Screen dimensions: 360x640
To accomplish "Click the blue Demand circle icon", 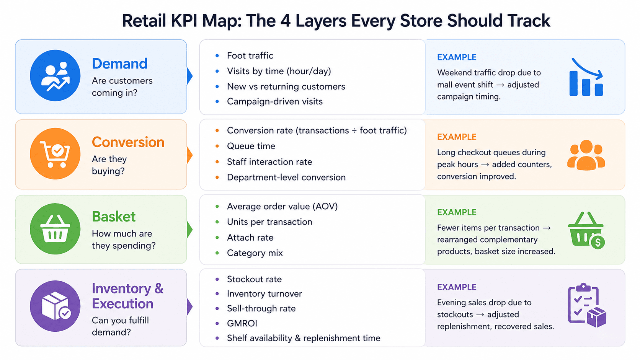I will tap(55, 75).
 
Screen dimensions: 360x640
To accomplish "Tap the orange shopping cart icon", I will tap(55, 154).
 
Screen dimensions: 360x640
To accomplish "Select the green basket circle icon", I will tap(55, 229).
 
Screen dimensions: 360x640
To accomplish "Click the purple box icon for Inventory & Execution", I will tap(55, 306).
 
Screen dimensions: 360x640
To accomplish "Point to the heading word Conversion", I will tap(128, 142).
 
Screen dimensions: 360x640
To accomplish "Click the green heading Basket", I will tap(114, 217).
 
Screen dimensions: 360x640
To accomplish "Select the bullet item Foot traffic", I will tap(250, 56).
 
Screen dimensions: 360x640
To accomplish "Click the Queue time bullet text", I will tap(251, 146).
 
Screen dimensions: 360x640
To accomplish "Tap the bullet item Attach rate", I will tap(250, 238).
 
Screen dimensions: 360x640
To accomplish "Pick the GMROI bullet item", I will tap(242, 323).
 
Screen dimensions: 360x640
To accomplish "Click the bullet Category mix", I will tap(255, 253).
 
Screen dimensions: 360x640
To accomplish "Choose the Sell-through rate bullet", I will tap(261, 308).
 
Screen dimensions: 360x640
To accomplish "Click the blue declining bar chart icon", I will tap(586, 77).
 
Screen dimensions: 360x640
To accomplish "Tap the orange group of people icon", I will tap(586, 155).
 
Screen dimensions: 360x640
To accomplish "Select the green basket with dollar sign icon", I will tap(586, 231).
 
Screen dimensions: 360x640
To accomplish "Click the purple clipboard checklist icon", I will tap(586, 305).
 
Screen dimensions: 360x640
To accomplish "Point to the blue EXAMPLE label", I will tap(457, 57).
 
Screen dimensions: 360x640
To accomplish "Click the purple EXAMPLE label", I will tap(457, 287).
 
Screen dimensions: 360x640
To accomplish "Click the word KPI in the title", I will tap(187, 21).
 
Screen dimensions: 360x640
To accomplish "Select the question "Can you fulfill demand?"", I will tap(120, 326).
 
